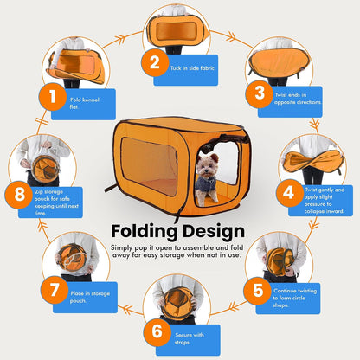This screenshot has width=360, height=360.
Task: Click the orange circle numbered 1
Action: (53, 97)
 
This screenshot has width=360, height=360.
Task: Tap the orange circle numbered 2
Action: (155, 62)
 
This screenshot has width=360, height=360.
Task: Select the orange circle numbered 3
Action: (260, 93)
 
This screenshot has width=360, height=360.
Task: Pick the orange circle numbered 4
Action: (289, 193)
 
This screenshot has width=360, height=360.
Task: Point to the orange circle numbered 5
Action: (258, 291)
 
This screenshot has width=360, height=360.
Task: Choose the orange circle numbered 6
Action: (157, 332)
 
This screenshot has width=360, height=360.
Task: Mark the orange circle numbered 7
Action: (55, 290)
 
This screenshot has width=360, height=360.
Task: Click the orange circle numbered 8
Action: (19, 195)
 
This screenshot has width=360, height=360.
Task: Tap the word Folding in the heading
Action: (145, 232)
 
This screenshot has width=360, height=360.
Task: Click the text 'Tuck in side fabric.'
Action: (193, 68)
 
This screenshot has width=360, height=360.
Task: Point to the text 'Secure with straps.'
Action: (190, 338)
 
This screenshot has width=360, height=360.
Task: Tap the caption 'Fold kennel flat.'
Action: (84, 103)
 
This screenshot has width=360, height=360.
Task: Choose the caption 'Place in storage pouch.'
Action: (90, 297)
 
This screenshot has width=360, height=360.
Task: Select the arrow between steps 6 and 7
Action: (127, 310)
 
